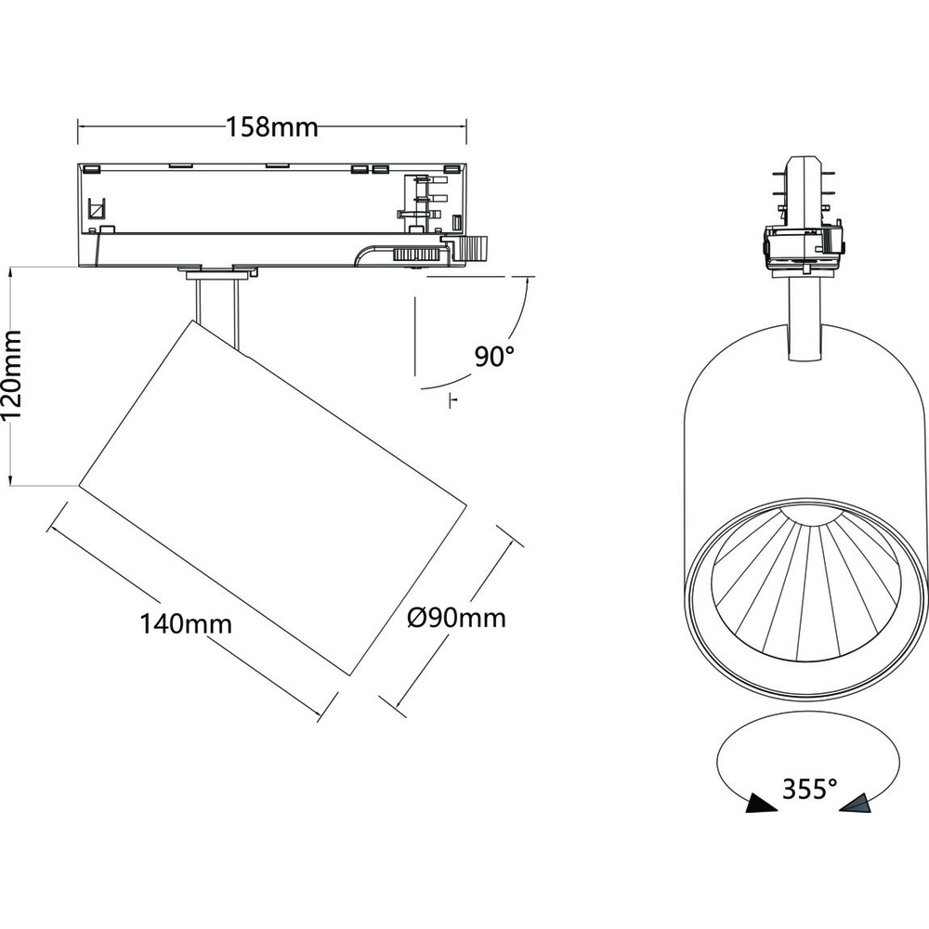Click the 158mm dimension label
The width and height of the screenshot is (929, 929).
pos(271,126)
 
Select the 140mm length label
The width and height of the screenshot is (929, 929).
pos(186,623)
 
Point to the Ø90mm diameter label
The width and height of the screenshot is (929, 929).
pos(457,616)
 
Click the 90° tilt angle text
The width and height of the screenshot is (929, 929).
pos(494,356)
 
